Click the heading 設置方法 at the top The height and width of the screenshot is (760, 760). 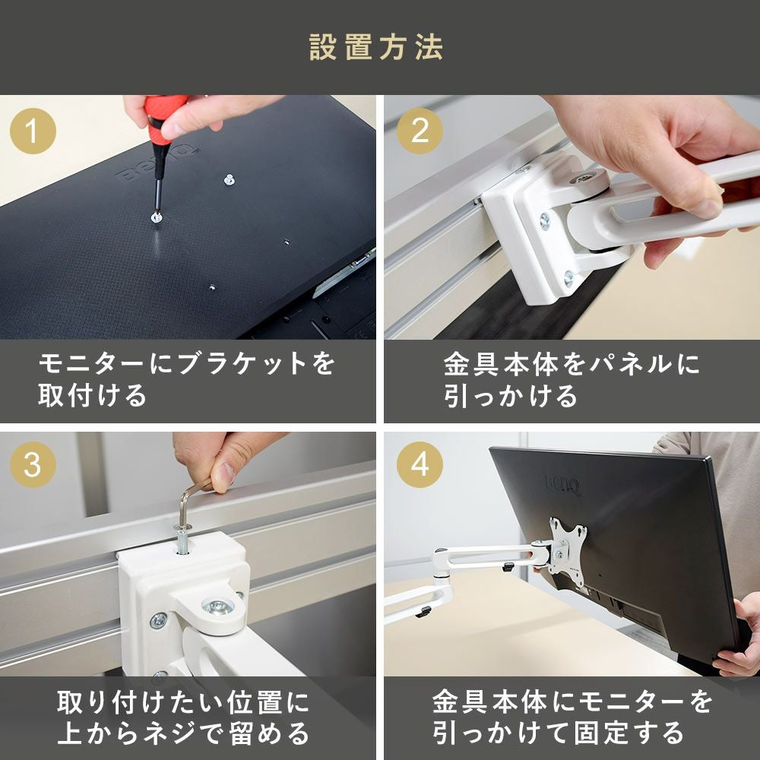376,47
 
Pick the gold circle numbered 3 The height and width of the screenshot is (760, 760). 33,464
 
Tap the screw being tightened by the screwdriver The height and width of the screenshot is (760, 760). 155,217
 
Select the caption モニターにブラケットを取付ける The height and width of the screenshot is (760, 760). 186,379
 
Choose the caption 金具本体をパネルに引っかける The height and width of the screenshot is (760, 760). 570,379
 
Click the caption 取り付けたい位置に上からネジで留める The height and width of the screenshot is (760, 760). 186,717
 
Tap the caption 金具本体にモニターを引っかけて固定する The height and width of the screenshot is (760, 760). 570,717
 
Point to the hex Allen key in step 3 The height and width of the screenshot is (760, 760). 190,502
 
